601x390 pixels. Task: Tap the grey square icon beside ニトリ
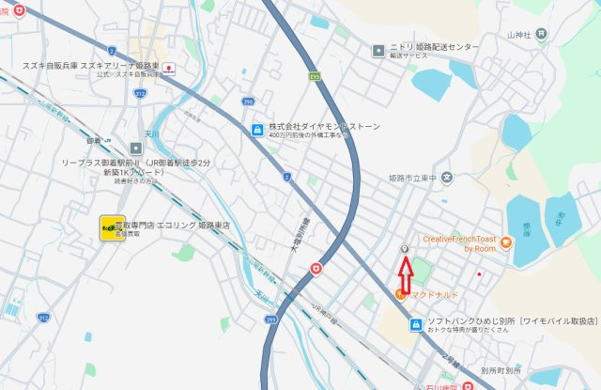[378, 48]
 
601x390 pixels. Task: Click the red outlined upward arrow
[406, 274]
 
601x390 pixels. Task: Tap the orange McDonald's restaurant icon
[401, 295]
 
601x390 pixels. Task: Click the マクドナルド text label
[433, 295]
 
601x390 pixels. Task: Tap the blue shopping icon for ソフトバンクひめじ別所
[415, 324]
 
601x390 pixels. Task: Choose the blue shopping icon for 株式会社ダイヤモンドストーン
[256, 129]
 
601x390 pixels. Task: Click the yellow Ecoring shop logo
[111, 227]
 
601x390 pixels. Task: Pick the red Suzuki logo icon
[169, 69]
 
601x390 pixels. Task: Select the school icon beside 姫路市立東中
[448, 176]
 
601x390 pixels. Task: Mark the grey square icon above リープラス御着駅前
[135, 147]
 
